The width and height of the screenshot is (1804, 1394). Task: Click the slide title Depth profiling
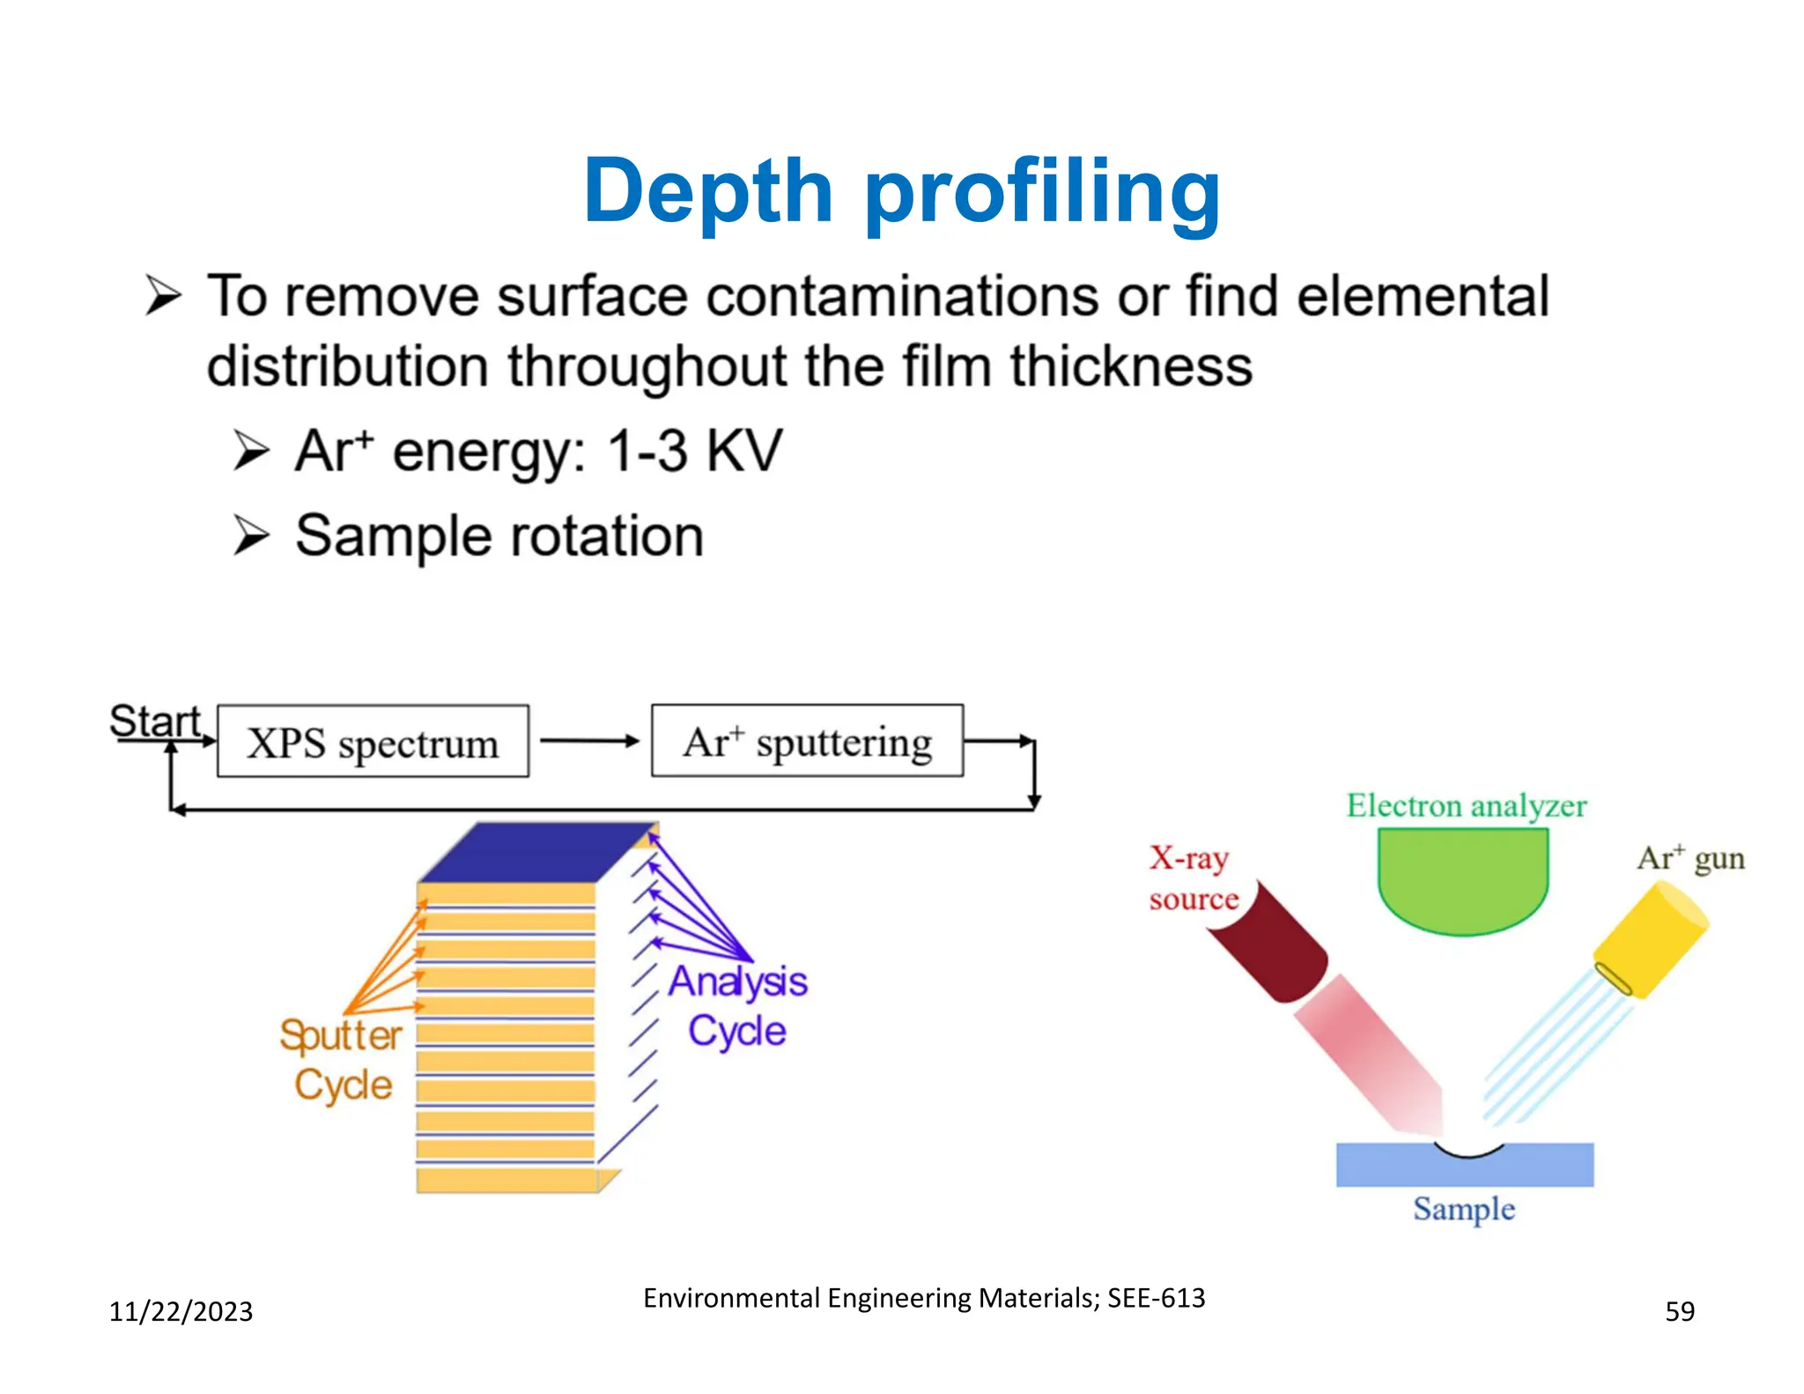901,192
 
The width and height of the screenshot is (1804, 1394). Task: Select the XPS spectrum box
373,742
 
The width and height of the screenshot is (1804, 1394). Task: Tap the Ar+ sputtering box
807,741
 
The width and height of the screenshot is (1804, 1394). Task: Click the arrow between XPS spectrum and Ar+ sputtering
589,742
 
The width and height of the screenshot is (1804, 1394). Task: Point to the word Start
155,722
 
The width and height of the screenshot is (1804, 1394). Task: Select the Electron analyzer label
1466,805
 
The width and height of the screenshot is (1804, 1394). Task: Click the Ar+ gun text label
1689,857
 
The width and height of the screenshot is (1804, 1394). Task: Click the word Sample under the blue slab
1464,1209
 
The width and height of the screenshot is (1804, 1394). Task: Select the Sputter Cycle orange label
341,1060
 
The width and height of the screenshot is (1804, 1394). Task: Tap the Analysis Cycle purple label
737,1005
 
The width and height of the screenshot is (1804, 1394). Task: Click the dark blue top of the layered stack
537,852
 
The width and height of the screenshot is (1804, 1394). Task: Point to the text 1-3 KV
694,451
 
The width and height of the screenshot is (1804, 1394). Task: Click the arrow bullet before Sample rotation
251,536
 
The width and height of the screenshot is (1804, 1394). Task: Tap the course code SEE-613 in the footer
1156,1298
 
